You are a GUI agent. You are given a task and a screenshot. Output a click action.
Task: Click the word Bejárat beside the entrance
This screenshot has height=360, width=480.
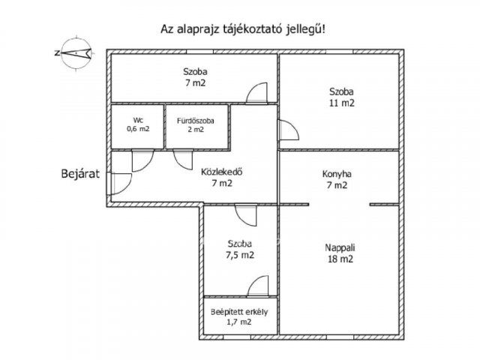tap(80, 173)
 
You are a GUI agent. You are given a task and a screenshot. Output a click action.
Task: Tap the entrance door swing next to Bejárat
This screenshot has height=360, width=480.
tap(120, 184)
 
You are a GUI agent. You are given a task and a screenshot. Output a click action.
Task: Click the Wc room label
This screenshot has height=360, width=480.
tap(138, 120)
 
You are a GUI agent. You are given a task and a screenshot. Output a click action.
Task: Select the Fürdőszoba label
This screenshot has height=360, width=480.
tap(195, 121)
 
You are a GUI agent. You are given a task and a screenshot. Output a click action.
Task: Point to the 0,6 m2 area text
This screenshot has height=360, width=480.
tap(138, 128)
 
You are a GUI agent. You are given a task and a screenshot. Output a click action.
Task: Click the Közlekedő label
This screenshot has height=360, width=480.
tap(222, 172)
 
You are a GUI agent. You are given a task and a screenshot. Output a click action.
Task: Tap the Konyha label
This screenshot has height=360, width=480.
tap(337, 174)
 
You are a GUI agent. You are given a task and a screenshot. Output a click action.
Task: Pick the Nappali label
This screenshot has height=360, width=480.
tap(340, 247)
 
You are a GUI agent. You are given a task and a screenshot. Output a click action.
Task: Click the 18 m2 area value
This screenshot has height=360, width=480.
tap(340, 259)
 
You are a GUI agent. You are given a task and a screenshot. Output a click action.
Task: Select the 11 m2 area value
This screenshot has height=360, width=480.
tap(342, 103)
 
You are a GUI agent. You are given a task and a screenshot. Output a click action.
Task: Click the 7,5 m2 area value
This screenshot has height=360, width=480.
tap(240, 255)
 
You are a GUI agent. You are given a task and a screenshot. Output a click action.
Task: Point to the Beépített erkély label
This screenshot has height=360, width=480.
tap(239, 312)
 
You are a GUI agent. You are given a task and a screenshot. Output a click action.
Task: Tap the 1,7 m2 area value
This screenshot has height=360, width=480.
tap(239, 322)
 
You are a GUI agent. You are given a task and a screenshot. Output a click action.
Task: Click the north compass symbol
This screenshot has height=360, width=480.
tap(76, 53)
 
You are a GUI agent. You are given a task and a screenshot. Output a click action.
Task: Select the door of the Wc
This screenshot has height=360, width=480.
tap(142, 160)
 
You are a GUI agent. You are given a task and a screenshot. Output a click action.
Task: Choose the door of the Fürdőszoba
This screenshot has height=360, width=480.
tap(183, 160)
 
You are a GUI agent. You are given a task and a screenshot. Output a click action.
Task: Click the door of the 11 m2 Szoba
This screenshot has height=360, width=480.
tap(288, 130)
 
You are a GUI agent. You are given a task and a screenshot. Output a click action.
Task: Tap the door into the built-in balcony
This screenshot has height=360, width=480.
tap(258, 286)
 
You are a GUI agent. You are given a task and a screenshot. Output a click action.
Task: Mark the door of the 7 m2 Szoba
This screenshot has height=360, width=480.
tap(256, 93)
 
